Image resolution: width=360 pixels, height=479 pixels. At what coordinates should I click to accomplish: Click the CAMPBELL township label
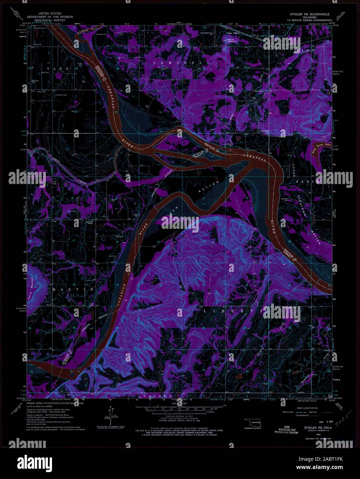[x=182, y=63]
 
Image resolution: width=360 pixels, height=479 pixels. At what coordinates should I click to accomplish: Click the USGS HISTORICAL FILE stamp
[x=286, y=431]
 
